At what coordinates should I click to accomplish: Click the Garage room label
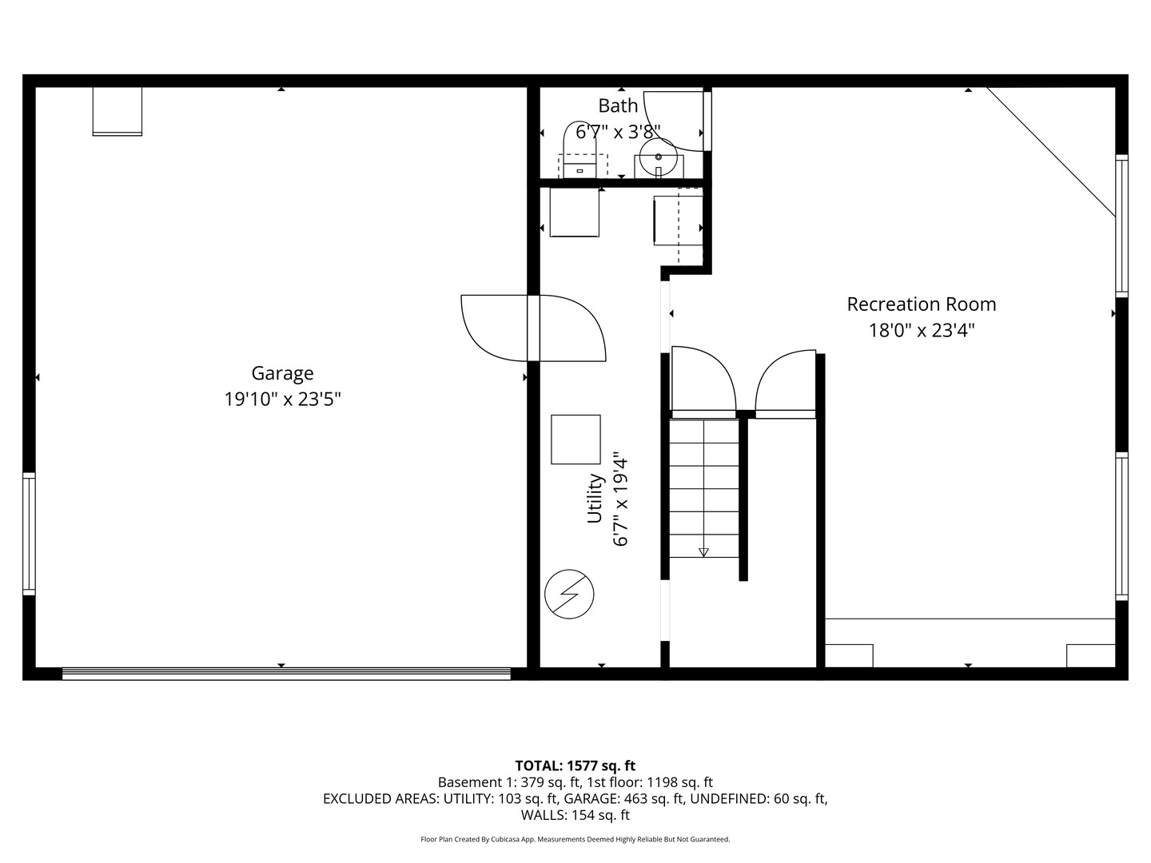(x=282, y=373)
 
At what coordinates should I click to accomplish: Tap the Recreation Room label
(x=921, y=304)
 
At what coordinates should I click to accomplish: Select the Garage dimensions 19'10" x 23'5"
(x=282, y=400)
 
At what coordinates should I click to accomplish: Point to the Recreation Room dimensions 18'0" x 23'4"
(x=921, y=330)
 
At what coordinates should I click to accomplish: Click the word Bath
(x=618, y=105)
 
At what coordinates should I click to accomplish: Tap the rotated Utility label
(x=595, y=499)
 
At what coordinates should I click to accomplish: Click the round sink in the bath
(x=658, y=155)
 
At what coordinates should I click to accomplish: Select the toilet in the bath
(x=579, y=152)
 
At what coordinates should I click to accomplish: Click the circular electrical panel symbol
(x=569, y=594)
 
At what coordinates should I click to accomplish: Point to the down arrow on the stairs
(x=703, y=551)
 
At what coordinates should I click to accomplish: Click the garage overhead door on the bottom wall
(x=286, y=674)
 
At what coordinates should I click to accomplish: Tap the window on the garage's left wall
(x=29, y=533)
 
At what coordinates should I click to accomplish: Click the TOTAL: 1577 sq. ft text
(x=575, y=766)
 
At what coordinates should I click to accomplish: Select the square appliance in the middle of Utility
(x=575, y=439)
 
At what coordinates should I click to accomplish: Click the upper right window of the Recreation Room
(x=1121, y=225)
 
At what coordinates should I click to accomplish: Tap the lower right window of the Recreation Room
(x=1121, y=526)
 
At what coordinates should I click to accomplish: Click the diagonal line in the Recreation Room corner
(x=1050, y=151)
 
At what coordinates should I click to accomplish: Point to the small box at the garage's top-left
(x=117, y=111)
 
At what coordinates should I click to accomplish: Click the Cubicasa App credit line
(x=575, y=839)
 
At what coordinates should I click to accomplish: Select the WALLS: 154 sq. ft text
(x=575, y=815)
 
